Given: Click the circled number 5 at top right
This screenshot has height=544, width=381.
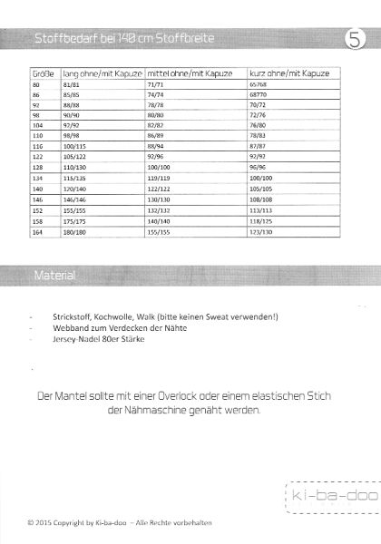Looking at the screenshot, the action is pos(354,38).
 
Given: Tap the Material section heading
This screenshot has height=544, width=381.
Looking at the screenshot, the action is pos(54,273).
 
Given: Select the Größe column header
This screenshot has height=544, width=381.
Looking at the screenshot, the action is pos(40,71).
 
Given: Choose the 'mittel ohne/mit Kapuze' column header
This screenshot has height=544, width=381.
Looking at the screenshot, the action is pos(188,71).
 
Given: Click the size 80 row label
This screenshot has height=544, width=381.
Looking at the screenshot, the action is pos(35,83).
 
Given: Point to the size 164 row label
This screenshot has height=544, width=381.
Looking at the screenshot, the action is pos(37,231).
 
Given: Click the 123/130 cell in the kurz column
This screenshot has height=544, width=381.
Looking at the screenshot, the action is pos(261,231).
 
